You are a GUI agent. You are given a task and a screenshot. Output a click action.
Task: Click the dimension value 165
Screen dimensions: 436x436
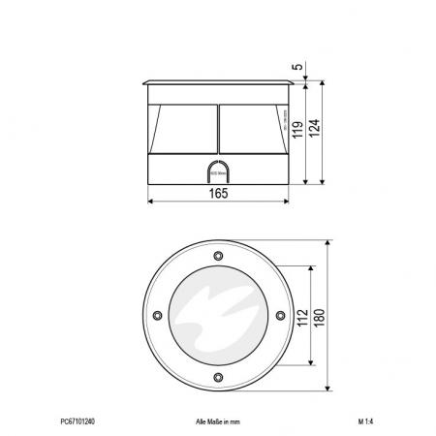pos(219,195)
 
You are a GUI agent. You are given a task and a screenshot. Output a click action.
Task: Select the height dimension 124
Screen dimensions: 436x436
pos(314,133)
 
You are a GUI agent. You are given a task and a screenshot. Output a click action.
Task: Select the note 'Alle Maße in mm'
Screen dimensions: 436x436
pos(217,422)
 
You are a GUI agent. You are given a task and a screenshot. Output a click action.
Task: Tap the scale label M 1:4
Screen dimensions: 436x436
pos(366,422)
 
